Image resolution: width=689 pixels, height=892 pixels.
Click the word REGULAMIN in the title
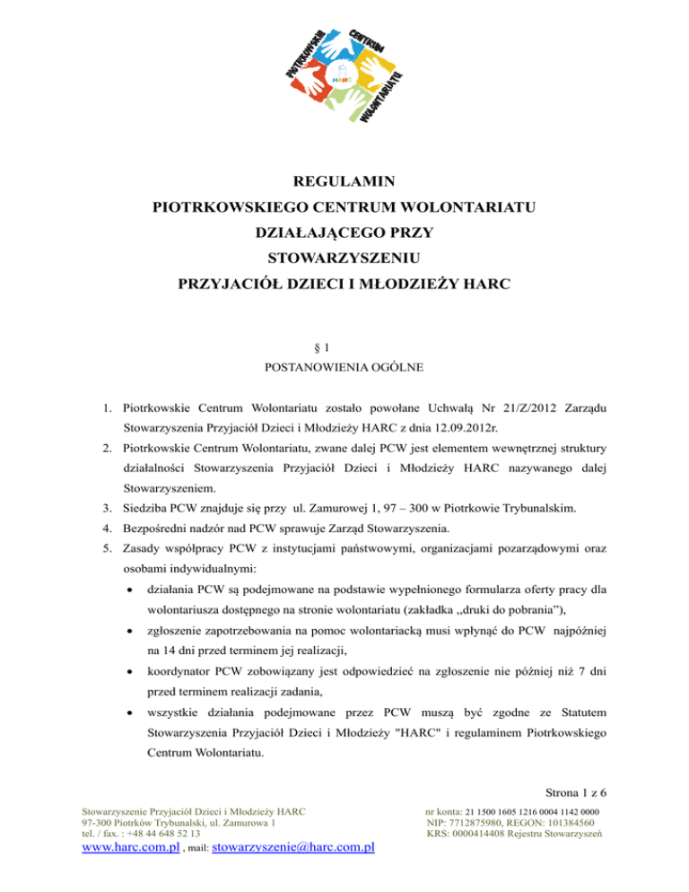[x=344, y=182]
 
